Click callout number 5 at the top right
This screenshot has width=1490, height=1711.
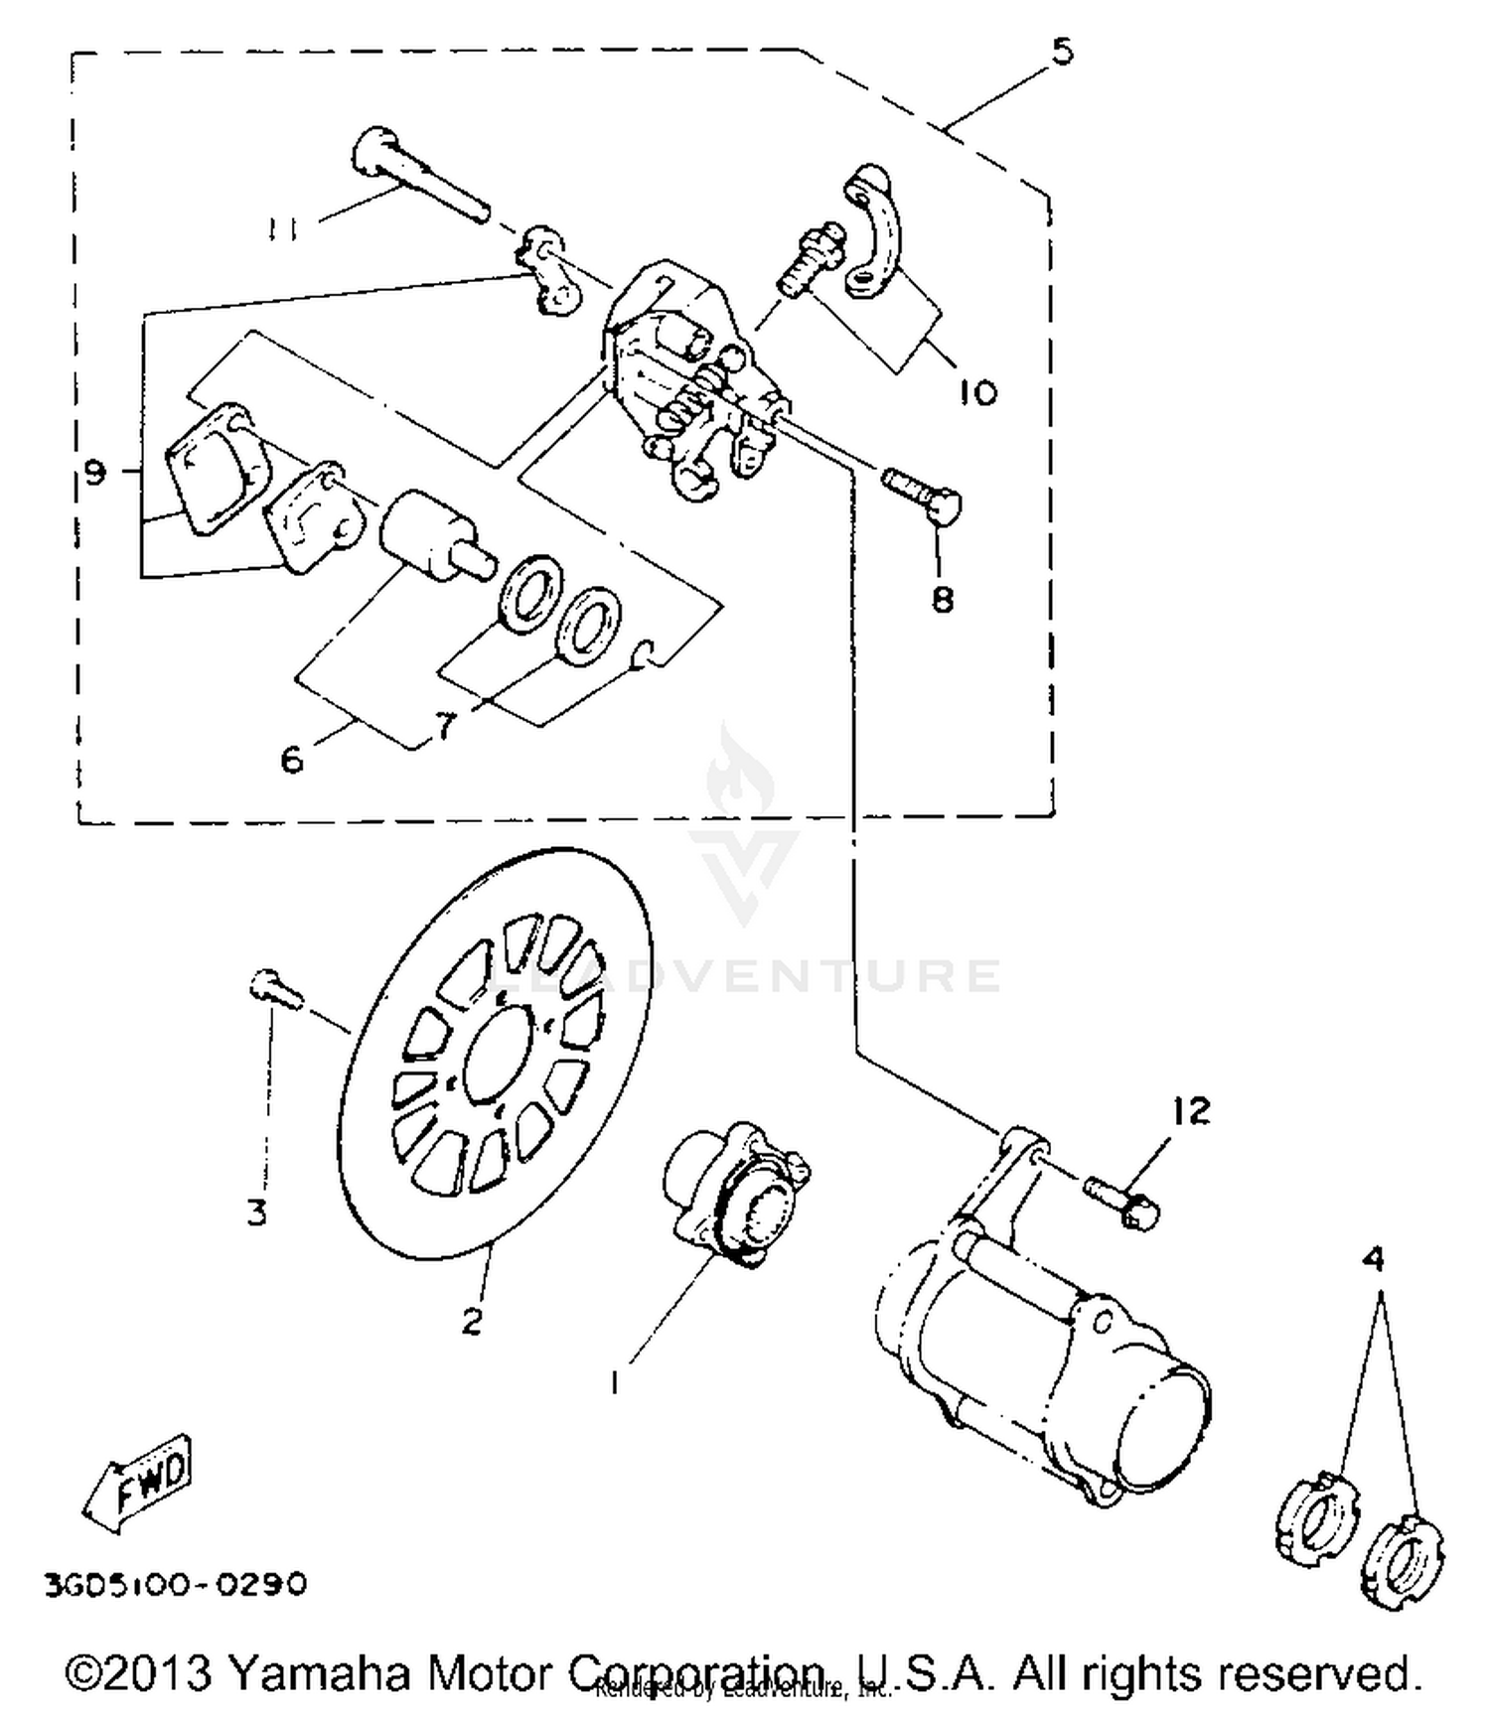pos(1063,50)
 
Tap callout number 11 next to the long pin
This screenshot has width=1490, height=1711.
pos(282,229)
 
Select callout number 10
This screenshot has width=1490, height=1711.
pos(977,393)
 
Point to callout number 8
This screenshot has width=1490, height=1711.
pos(942,599)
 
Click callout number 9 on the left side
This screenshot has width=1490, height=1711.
pos(94,473)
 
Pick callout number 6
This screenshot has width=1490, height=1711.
pos(291,761)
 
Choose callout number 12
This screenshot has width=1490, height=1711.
pos(1191,1110)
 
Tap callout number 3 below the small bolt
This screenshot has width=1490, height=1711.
pos(256,1212)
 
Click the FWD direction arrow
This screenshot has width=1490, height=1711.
pos(139,1482)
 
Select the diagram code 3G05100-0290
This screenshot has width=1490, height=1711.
pos(175,1583)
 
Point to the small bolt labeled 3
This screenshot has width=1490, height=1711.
pos(274,988)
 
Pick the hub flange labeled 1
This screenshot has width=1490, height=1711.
pos(735,1192)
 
